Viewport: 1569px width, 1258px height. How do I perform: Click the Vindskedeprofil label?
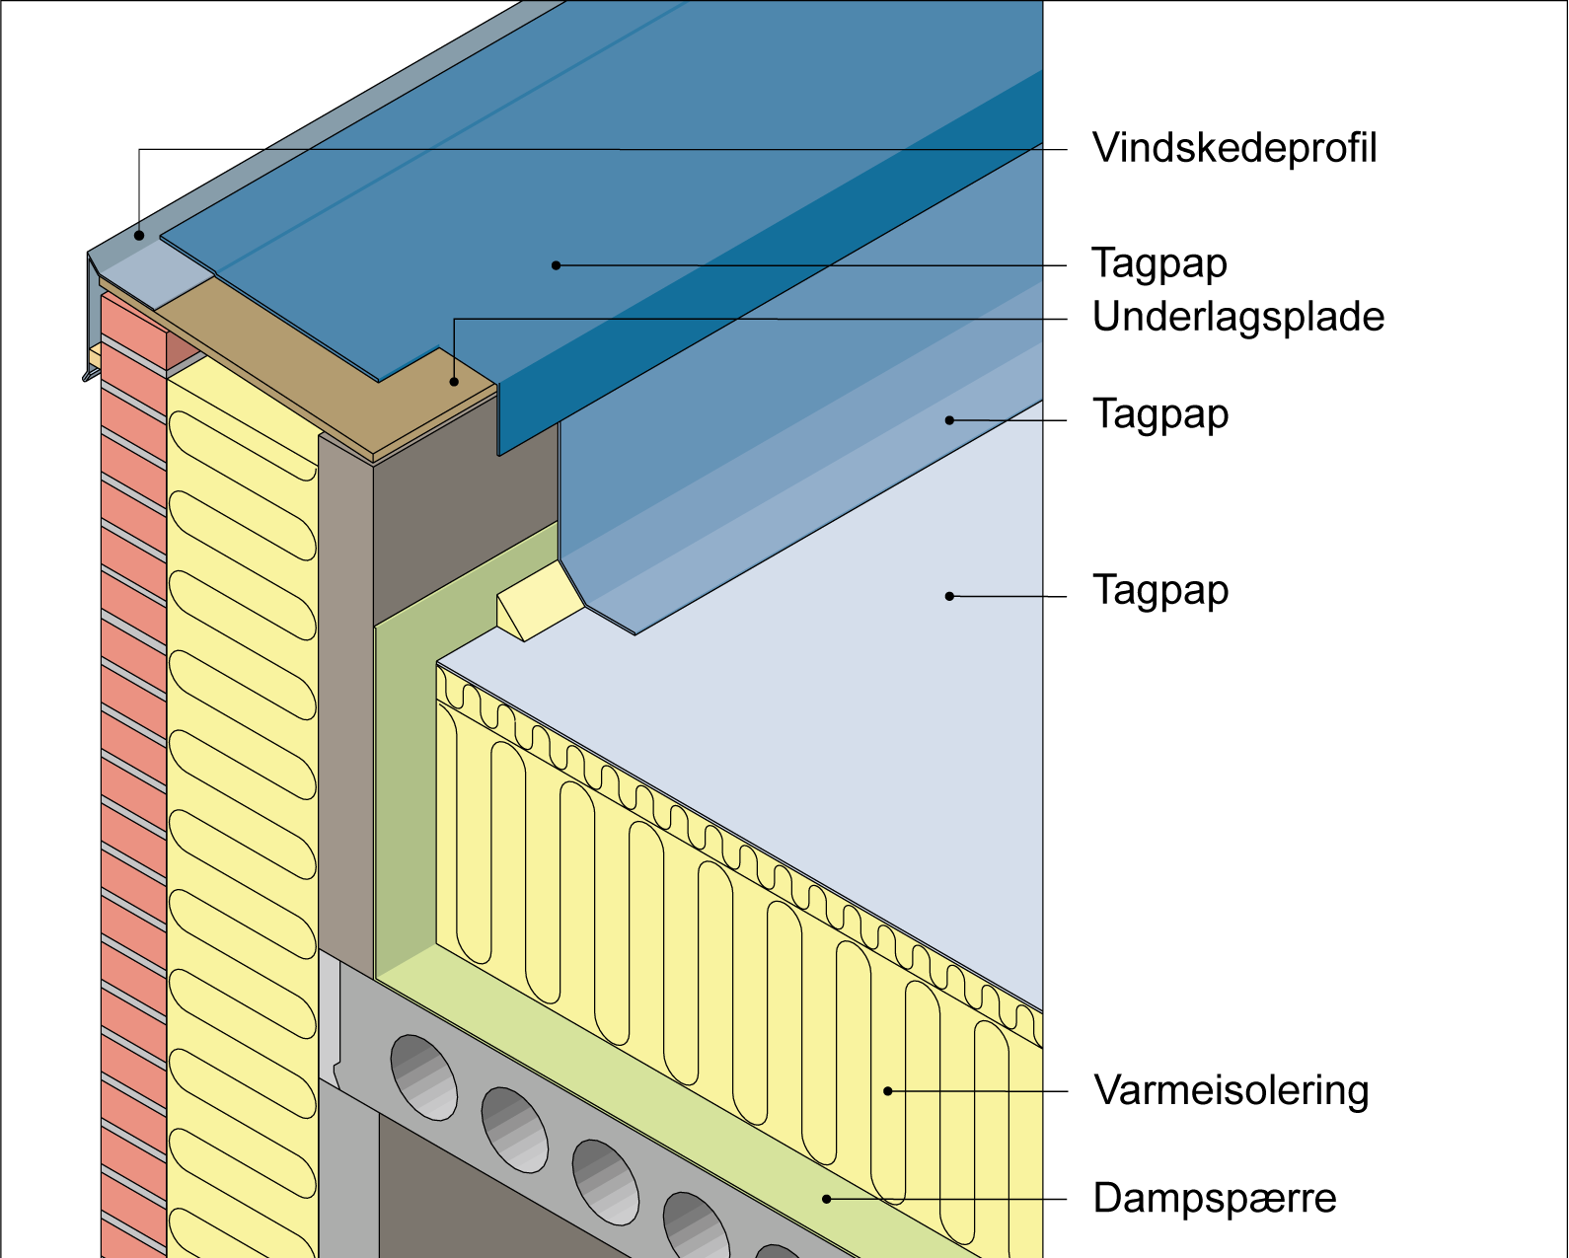tap(1234, 149)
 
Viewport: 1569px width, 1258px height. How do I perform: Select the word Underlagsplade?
tap(1238, 318)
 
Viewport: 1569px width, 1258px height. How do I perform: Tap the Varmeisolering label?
tap(1232, 1091)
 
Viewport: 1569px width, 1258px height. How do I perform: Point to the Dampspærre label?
tap(1215, 1199)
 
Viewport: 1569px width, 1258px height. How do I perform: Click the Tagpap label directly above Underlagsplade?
tap(1159, 264)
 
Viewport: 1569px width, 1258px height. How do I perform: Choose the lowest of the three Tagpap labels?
tap(1160, 591)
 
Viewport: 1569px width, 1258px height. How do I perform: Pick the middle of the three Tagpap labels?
tap(1160, 414)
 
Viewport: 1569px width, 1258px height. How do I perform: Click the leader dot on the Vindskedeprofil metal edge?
tap(140, 235)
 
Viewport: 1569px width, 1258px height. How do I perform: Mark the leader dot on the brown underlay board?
tap(454, 381)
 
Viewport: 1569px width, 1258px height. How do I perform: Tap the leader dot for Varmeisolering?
tap(888, 1091)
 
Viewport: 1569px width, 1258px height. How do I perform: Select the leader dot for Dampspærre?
tap(827, 1199)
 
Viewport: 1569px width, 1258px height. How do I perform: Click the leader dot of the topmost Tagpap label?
tap(556, 265)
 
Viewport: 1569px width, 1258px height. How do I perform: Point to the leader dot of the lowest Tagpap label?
tap(949, 596)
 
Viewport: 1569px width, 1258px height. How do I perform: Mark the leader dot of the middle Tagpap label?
tap(949, 420)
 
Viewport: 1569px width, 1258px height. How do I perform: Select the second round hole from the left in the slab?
tap(514, 1130)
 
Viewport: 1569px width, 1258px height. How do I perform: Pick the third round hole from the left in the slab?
tap(605, 1182)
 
